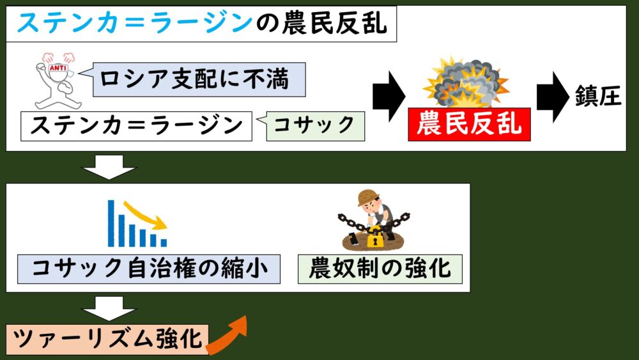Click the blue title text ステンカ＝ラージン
pos(135,24)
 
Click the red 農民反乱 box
pos(470,125)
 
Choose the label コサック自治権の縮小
pos(148,269)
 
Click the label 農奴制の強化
pos(380,269)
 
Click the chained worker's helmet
pos(368,197)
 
